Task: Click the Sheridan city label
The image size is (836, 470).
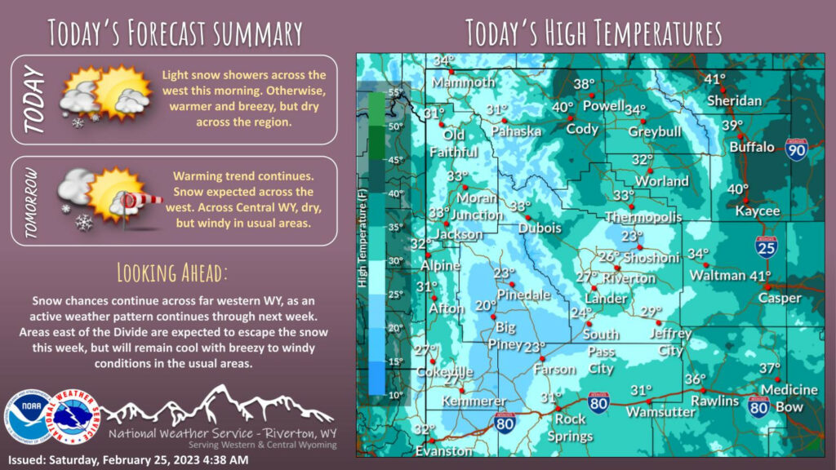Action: (733, 100)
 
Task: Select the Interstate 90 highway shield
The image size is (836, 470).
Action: (797, 149)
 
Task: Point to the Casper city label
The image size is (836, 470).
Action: (778, 298)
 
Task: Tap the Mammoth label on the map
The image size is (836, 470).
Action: (463, 82)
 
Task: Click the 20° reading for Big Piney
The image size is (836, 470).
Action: (486, 305)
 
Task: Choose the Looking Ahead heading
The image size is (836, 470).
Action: (172, 271)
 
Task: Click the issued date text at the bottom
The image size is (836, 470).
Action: (128, 460)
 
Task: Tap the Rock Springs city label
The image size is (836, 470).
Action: (570, 428)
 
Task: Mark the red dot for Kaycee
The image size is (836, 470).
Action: (745, 200)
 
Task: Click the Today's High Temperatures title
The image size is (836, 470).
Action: (594, 33)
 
